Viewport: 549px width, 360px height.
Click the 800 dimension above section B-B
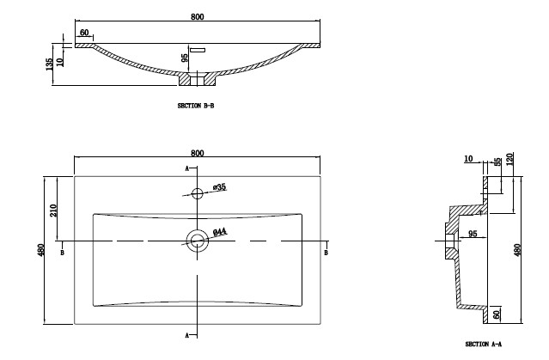tap(198, 13)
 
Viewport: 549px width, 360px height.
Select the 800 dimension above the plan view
tap(198, 152)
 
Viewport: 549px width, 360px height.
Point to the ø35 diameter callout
tap(220, 186)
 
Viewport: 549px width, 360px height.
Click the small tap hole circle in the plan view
tap(198, 192)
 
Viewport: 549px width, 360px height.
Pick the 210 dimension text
tap(53, 211)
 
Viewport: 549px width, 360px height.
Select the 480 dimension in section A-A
tap(517, 250)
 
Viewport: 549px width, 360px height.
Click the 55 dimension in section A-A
tap(497, 163)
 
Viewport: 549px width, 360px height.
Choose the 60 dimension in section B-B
tap(84, 33)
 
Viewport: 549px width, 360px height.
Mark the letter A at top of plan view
tap(187, 168)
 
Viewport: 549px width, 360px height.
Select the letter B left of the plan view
tap(62, 253)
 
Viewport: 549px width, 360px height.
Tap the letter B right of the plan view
tap(326, 253)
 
